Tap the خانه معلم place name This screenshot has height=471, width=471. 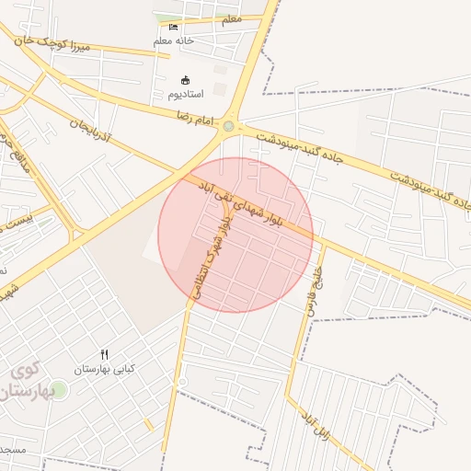(174, 41)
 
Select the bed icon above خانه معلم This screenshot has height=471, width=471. (174, 27)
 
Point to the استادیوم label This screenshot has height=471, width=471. (188, 94)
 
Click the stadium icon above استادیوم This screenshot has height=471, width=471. (188, 79)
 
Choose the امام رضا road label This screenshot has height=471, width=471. (195, 117)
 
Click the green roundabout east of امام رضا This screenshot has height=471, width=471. (228, 126)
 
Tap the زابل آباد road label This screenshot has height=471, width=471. (314, 422)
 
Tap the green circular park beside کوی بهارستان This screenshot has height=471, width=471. (59, 390)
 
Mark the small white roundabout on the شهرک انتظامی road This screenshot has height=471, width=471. (182, 381)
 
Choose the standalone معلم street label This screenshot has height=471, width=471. (232, 19)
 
